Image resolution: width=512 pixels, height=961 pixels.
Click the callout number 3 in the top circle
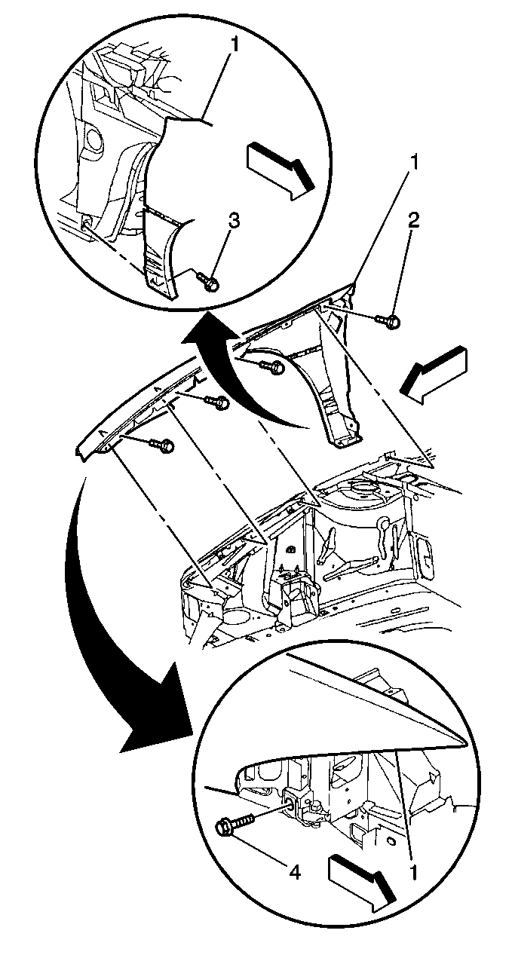click(x=233, y=222)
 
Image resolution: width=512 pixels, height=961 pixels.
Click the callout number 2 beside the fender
click(x=413, y=220)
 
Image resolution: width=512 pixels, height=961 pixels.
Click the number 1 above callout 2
click(x=414, y=163)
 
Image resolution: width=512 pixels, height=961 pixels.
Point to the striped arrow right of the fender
click(x=434, y=374)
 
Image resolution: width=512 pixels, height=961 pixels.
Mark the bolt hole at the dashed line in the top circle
click(x=86, y=222)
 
